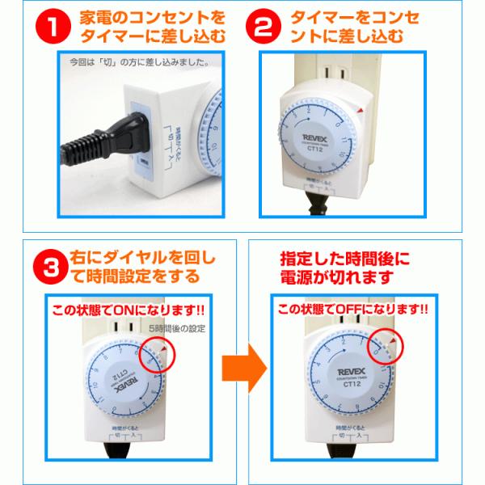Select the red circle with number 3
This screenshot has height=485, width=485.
(x=51, y=270)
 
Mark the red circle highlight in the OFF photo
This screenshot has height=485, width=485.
(x=386, y=352)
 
